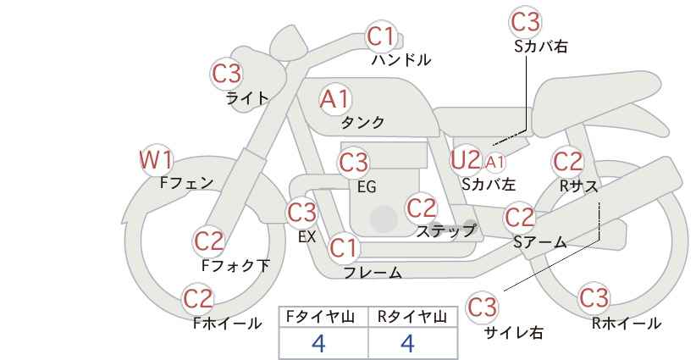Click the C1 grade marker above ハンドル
coord(381,36)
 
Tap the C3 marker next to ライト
coord(226,73)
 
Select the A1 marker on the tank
coord(335,99)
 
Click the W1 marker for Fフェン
coord(156,160)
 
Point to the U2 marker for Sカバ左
coord(466,160)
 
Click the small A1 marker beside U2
coord(495,163)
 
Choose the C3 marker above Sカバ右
coord(525,22)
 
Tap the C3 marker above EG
coord(353,163)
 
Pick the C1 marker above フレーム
coord(343,247)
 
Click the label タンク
coord(362,122)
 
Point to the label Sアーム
coord(540,242)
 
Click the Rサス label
coord(578,186)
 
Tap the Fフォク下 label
coord(235,265)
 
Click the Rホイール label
coord(627,324)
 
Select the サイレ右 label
coord(514,333)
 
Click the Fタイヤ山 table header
coord(320,317)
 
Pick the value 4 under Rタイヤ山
coord(407,343)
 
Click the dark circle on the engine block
coord(384,219)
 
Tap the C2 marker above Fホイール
coord(198,298)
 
